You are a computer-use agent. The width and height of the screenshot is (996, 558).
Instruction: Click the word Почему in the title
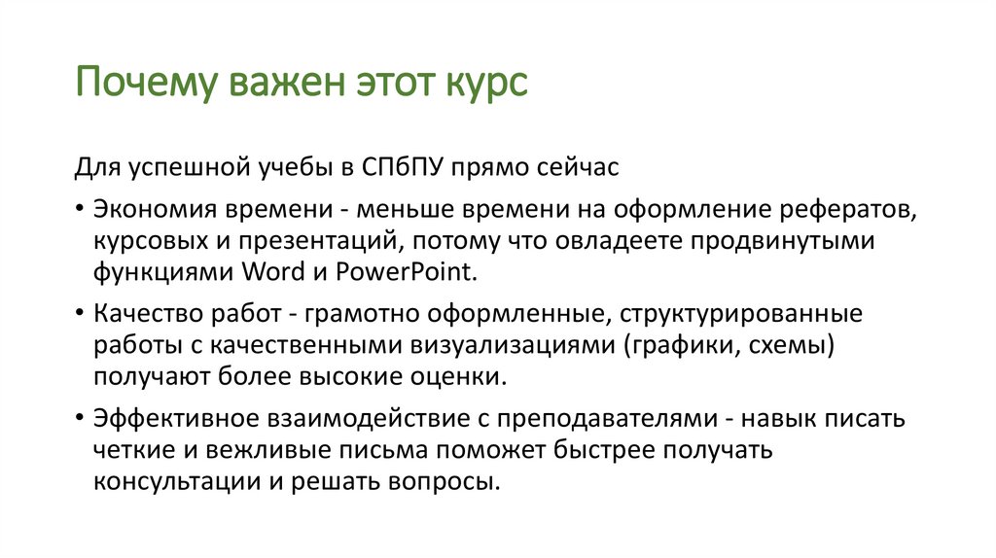click(145, 84)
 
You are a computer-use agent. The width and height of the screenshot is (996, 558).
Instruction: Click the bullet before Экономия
click(78, 210)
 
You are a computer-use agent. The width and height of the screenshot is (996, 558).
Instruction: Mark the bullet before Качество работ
click(78, 314)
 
